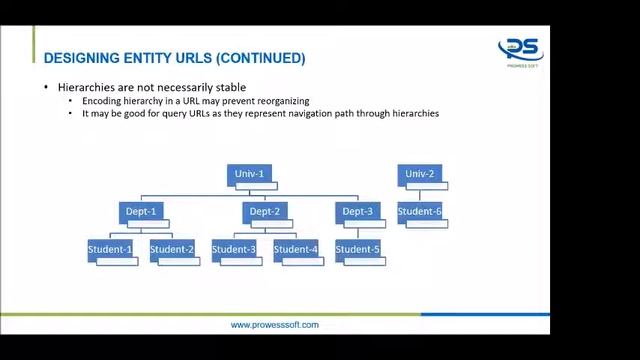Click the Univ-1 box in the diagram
pyautogui.click(x=249, y=174)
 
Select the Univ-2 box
pyautogui.click(x=419, y=174)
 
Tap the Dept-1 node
pyautogui.click(x=140, y=211)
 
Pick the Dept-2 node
pyautogui.click(x=264, y=211)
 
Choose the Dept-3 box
pyautogui.click(x=357, y=211)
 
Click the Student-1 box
pyautogui.click(x=110, y=249)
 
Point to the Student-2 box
pyautogui.click(x=172, y=249)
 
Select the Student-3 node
pyautogui.click(x=234, y=249)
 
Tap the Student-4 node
pyautogui.click(x=296, y=249)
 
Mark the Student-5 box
pyautogui.click(x=358, y=249)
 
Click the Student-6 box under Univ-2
pyautogui.click(x=419, y=211)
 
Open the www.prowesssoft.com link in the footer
pyautogui.click(x=274, y=325)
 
